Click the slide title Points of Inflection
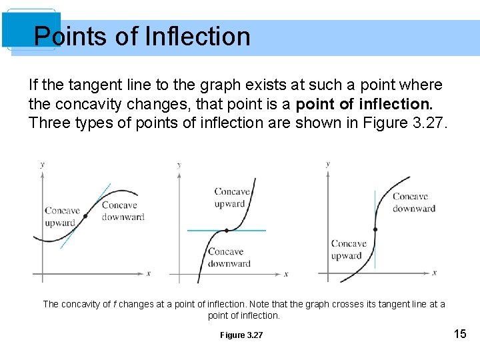[x=142, y=36]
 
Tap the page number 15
[x=460, y=333]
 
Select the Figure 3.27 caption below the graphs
[x=241, y=335]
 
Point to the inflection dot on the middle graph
[x=227, y=230]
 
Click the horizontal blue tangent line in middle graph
[x=253, y=230]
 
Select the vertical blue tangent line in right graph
[x=375, y=200]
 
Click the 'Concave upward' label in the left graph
[x=62, y=217]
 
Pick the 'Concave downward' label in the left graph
[x=123, y=211]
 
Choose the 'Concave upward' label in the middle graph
[x=232, y=197]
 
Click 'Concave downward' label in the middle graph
[x=229, y=257]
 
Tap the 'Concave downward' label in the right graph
[x=413, y=202]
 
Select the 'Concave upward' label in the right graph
[x=348, y=249]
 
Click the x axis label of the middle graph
[x=286, y=273]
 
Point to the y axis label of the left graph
[x=43, y=164]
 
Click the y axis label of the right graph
[x=327, y=164]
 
